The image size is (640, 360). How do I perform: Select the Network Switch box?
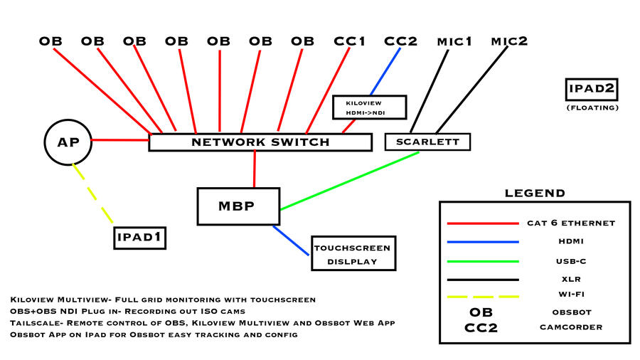260,142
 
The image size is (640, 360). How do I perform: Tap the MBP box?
239,206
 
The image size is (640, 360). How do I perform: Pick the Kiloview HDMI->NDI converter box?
369,107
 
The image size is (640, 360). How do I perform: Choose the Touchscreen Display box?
353,254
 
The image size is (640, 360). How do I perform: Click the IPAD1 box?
140,237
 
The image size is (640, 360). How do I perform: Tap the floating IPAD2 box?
592,90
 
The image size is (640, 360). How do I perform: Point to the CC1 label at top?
350,41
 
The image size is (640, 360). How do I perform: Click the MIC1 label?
454,41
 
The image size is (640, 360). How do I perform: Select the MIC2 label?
509,41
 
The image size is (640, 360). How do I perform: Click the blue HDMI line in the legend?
482,242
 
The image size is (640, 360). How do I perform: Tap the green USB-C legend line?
482,261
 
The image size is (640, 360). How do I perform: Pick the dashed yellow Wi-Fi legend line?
482,297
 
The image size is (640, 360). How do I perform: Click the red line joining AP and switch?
119,140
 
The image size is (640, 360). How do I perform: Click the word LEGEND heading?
535,193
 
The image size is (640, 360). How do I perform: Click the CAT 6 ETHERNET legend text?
571,223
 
